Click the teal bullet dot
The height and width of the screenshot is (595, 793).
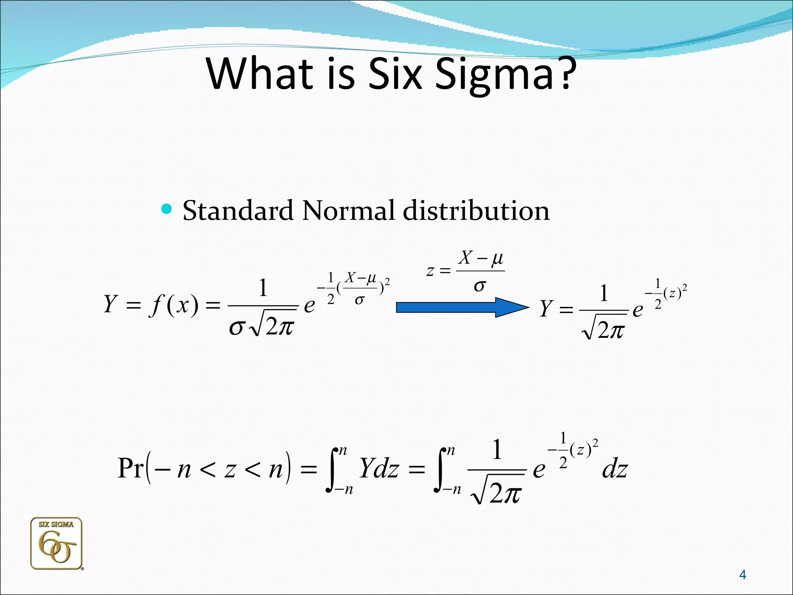(166, 210)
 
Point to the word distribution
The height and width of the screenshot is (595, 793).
(476, 211)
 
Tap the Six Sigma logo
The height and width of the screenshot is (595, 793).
(57, 543)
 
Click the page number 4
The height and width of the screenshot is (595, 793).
(742, 574)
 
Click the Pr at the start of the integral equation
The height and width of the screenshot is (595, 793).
(130, 468)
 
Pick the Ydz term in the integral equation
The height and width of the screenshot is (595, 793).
(379, 468)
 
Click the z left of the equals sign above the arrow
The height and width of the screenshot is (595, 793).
(430, 270)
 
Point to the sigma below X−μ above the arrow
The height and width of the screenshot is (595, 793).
(479, 286)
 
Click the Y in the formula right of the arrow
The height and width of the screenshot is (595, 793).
(546, 309)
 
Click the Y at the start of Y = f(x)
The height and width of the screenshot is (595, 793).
(110, 304)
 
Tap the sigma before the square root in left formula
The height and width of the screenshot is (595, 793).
(236, 328)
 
